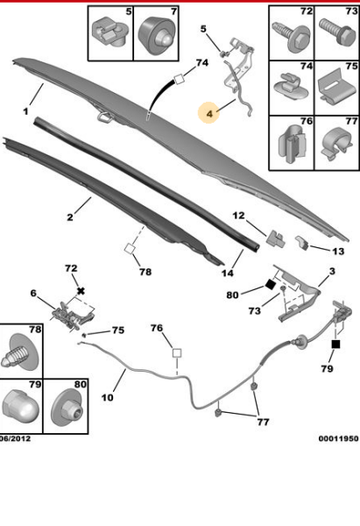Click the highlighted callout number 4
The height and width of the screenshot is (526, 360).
click(209, 113)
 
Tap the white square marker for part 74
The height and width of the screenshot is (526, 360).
click(180, 79)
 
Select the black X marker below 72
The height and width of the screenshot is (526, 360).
click(81, 290)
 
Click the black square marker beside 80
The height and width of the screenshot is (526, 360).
click(270, 285)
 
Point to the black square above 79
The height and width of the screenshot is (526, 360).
click(335, 345)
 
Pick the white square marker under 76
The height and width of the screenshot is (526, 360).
click(177, 353)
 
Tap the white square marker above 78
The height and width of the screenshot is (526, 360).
click(130, 249)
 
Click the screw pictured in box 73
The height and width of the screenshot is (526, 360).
click(337, 32)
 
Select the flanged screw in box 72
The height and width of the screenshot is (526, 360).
click(292, 36)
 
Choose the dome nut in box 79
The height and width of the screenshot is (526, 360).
click(20, 408)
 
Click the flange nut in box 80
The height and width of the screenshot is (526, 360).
click(67, 409)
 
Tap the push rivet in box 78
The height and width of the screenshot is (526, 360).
click(20, 352)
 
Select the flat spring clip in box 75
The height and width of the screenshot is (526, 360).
click(336, 86)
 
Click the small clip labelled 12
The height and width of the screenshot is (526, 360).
click(276, 238)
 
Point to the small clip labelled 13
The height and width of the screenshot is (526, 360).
click(303, 243)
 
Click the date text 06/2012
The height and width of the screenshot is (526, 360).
click(15, 439)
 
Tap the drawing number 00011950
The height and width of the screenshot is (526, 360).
click(339, 438)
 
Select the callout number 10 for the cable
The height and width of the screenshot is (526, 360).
click(108, 397)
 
